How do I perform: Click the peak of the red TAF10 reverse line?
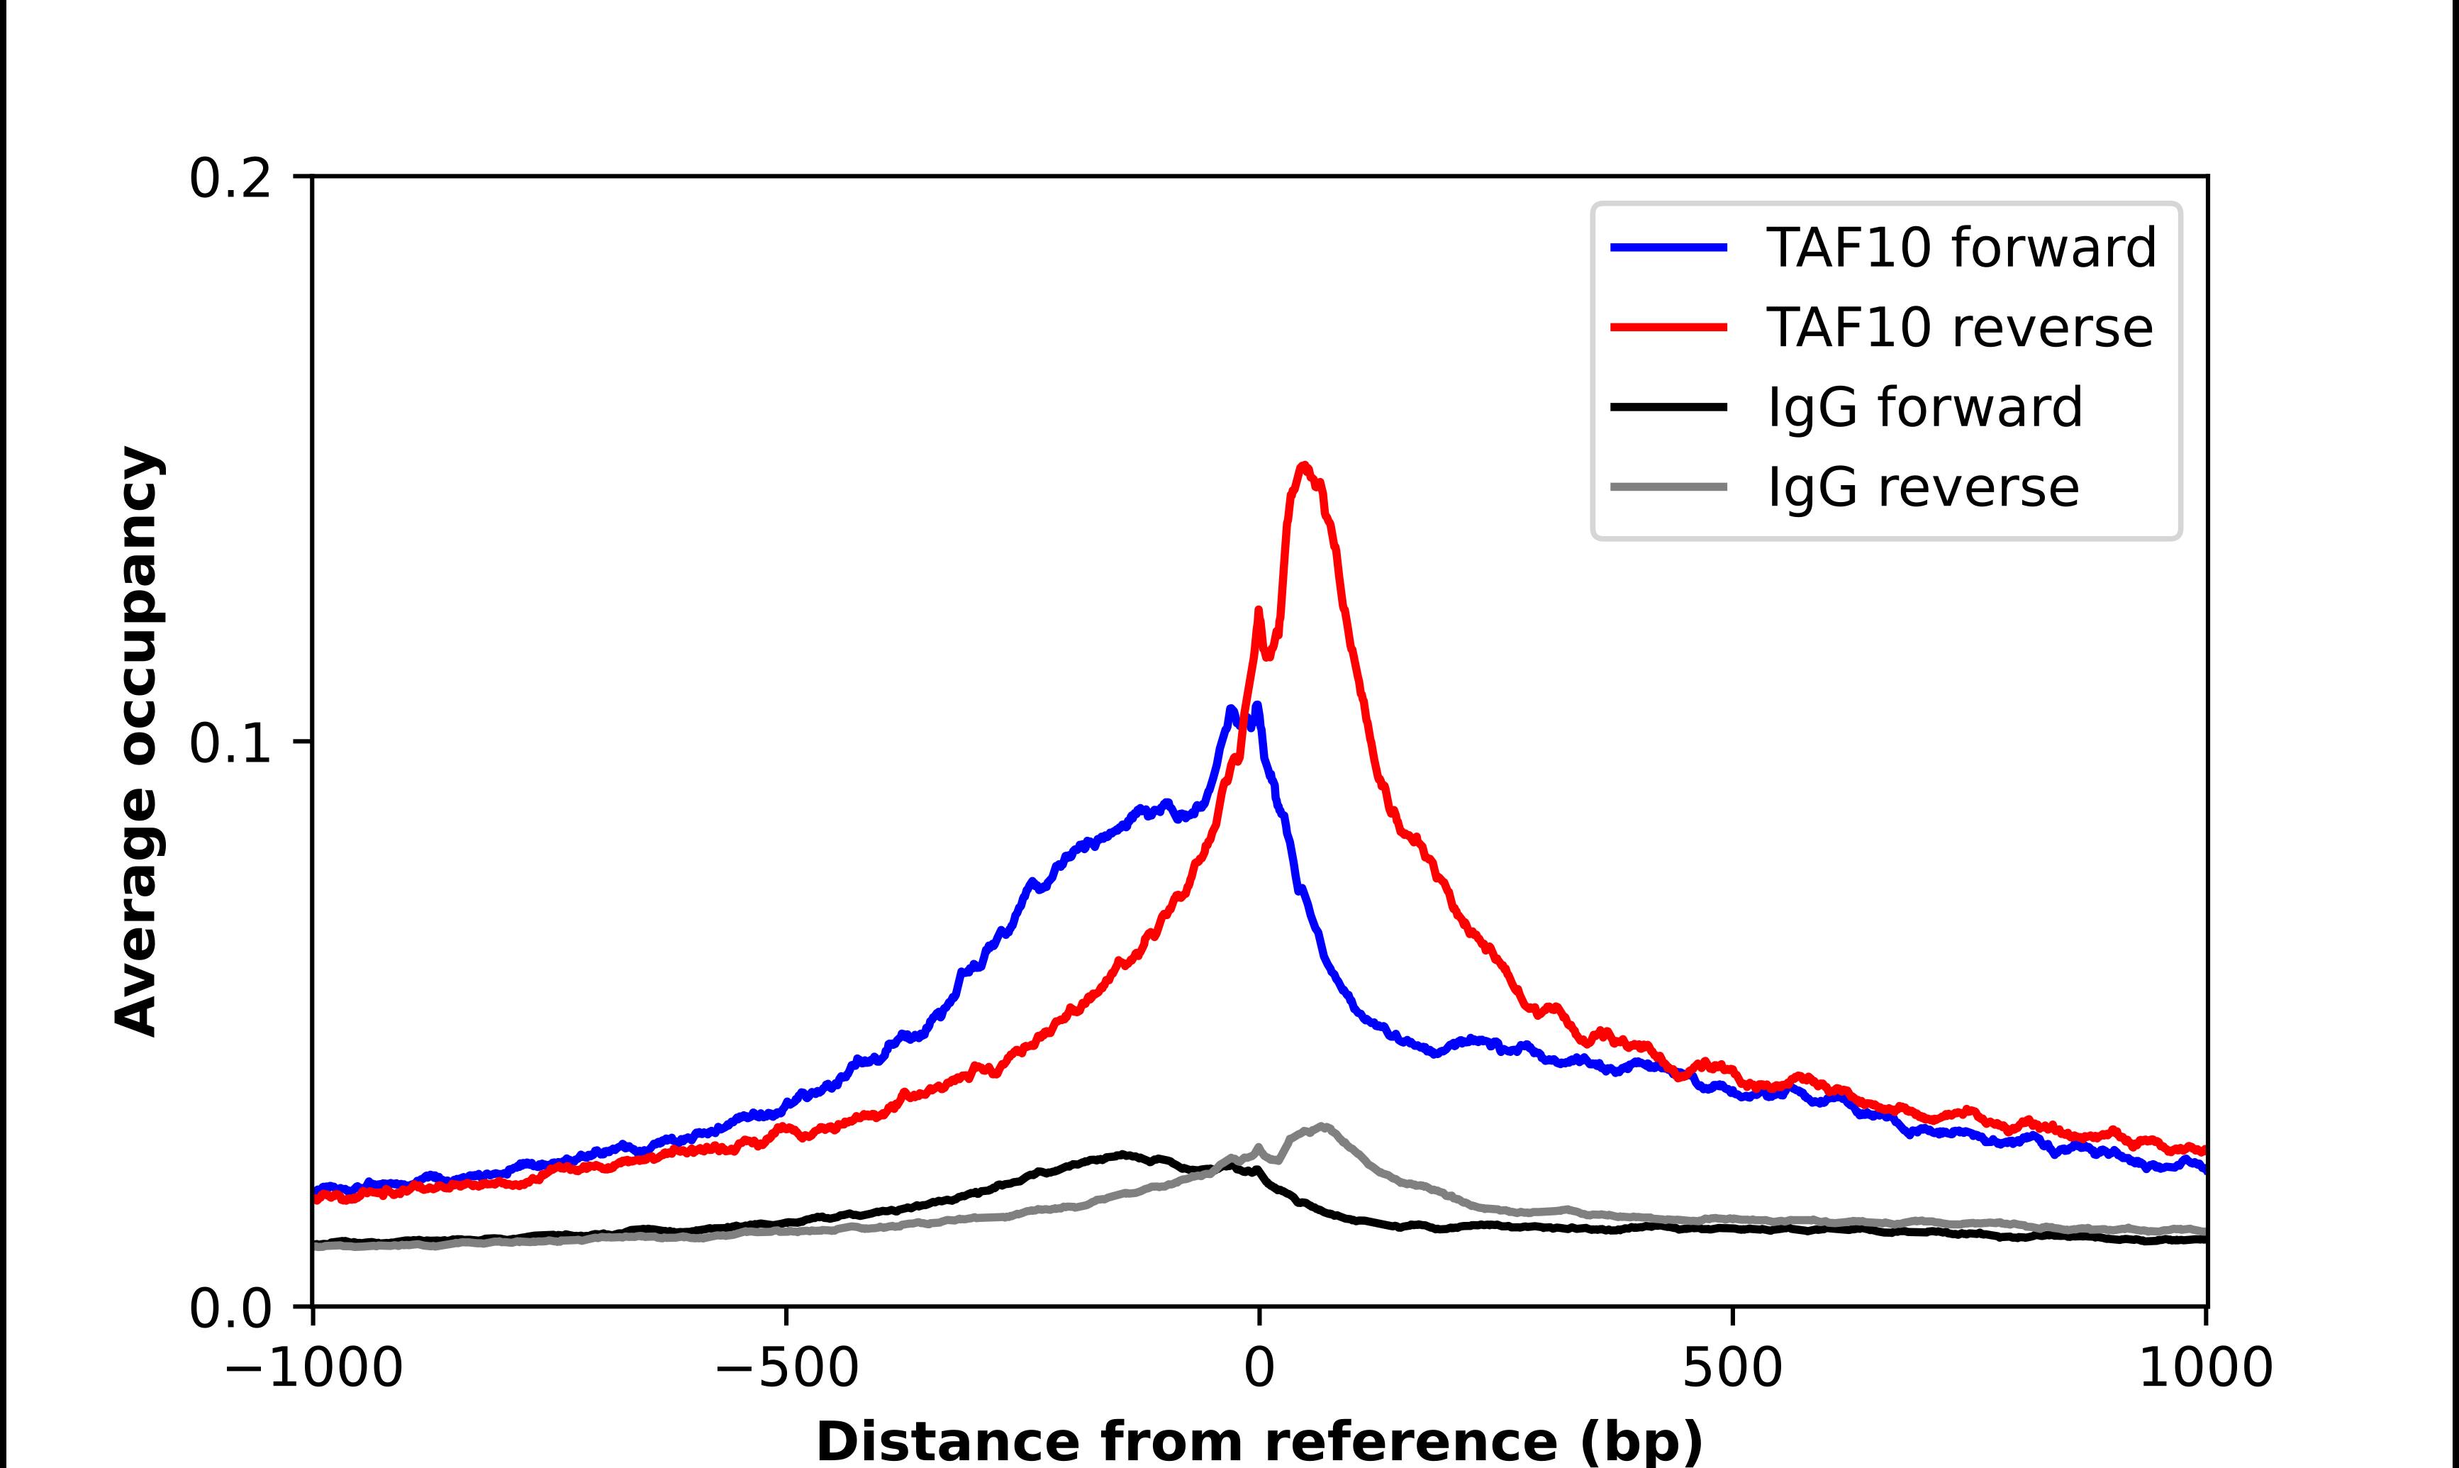click(1304, 465)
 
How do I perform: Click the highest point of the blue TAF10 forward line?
click(1256, 706)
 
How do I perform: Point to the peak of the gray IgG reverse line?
click(1323, 1125)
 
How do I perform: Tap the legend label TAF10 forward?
click(1961, 248)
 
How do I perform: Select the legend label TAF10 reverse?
click(1958, 328)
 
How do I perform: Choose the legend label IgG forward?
click(1924, 408)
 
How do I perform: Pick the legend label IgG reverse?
click(1922, 488)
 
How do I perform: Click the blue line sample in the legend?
click(1669, 248)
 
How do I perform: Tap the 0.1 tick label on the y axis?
click(230, 744)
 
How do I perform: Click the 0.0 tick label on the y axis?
click(230, 1308)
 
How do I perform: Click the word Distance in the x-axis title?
click(947, 1441)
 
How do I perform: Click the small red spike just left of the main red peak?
click(1258, 611)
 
